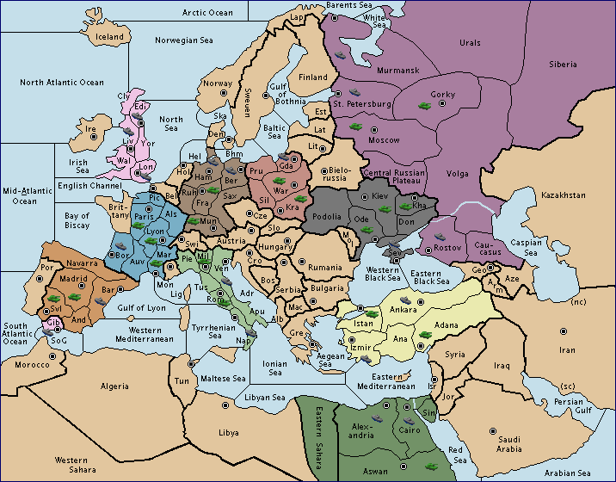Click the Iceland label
[109, 37]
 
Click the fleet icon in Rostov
[440, 237]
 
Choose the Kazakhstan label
[564, 196]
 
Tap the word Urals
[469, 42]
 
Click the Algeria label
[114, 386]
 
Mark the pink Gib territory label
[52, 322]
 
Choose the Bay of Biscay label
[77, 220]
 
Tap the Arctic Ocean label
[207, 13]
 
